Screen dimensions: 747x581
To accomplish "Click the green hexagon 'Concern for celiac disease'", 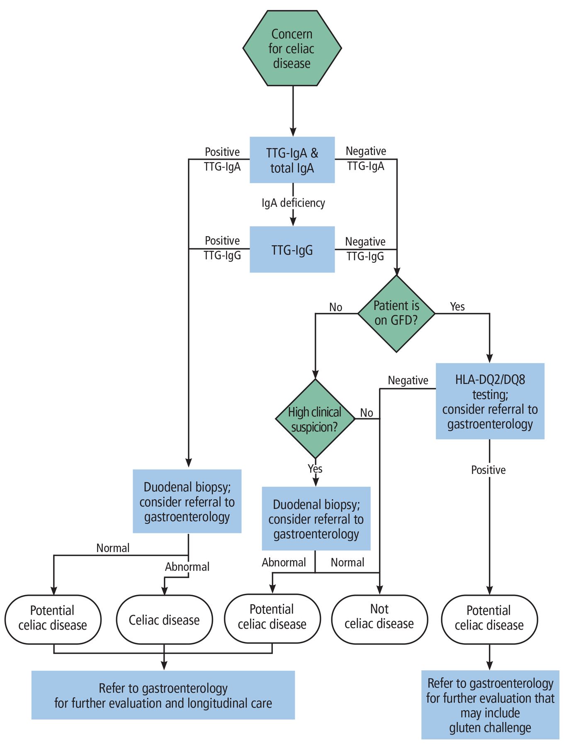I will point(292,49).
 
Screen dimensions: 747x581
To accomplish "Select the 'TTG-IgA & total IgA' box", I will point(292,160).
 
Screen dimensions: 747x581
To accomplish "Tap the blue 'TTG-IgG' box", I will point(292,250).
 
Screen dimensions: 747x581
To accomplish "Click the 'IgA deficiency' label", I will point(293,203).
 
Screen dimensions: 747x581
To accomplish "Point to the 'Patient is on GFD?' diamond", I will point(396,313).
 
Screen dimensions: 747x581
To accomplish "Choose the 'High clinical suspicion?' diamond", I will point(315,419).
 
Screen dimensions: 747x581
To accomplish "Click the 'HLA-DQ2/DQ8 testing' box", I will point(490,401).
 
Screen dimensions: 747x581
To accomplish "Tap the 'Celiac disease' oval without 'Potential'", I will point(164,620).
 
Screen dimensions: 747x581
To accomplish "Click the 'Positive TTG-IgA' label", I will point(222,159).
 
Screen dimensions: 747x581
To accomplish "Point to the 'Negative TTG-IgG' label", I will point(365,249).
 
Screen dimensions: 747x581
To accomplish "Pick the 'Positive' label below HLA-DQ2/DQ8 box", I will point(489,470).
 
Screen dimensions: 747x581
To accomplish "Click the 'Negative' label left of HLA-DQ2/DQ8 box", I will point(408,381).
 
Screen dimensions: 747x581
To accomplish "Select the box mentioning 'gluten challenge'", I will point(490,705).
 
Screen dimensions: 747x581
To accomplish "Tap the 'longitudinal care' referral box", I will point(163,696).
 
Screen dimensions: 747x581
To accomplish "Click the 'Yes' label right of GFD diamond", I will point(457,307).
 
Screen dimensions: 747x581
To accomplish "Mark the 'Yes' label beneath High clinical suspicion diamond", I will point(315,469).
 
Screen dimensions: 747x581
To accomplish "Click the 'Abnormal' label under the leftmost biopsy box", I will point(187,567).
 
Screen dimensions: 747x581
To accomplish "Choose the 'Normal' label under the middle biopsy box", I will point(347,563).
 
